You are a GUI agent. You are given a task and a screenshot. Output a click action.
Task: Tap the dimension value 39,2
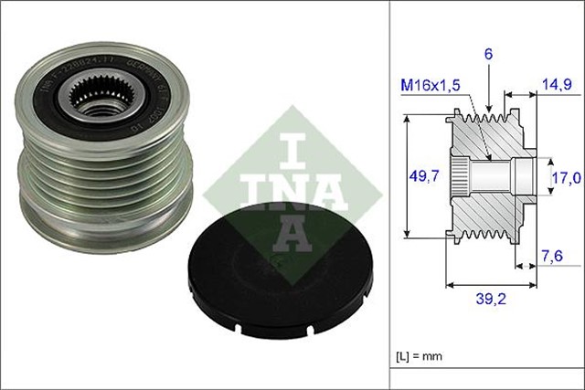(491, 298)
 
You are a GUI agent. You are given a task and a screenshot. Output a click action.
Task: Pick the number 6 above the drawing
(489, 55)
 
